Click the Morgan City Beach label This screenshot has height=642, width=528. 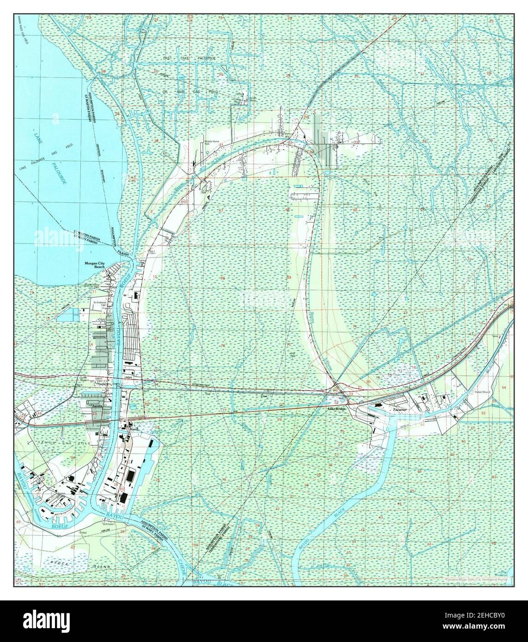pos(95,266)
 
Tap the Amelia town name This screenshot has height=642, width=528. pos(97,406)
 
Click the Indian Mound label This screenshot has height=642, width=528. pos(483,392)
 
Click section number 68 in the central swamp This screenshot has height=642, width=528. pos(222,278)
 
